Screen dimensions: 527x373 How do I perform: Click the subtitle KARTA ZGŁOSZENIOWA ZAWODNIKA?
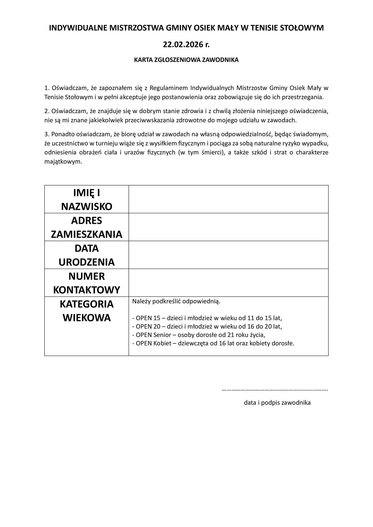point(186,60)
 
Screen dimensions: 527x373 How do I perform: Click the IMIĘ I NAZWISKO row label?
point(87,199)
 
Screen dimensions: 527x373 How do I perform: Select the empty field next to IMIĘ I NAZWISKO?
point(228,199)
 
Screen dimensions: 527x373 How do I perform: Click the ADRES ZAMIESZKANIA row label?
point(87,227)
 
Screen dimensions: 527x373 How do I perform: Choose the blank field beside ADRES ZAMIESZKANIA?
point(228,227)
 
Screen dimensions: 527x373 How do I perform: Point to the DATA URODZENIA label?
point(87,255)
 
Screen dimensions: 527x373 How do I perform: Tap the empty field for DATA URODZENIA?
point(228,255)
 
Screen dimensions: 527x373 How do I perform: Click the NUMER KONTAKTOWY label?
point(87,283)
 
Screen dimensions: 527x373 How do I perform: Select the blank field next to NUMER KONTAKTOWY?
point(228,283)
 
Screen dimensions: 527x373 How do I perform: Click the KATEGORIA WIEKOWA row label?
point(87,311)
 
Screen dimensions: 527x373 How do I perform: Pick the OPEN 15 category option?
point(207,318)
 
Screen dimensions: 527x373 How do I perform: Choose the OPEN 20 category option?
point(207,327)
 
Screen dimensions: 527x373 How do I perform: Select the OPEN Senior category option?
point(199,335)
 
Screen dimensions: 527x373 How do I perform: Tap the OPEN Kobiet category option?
point(213,344)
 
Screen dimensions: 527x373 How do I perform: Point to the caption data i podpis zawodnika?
point(277,403)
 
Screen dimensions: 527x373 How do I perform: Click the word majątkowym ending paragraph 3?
point(63,162)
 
